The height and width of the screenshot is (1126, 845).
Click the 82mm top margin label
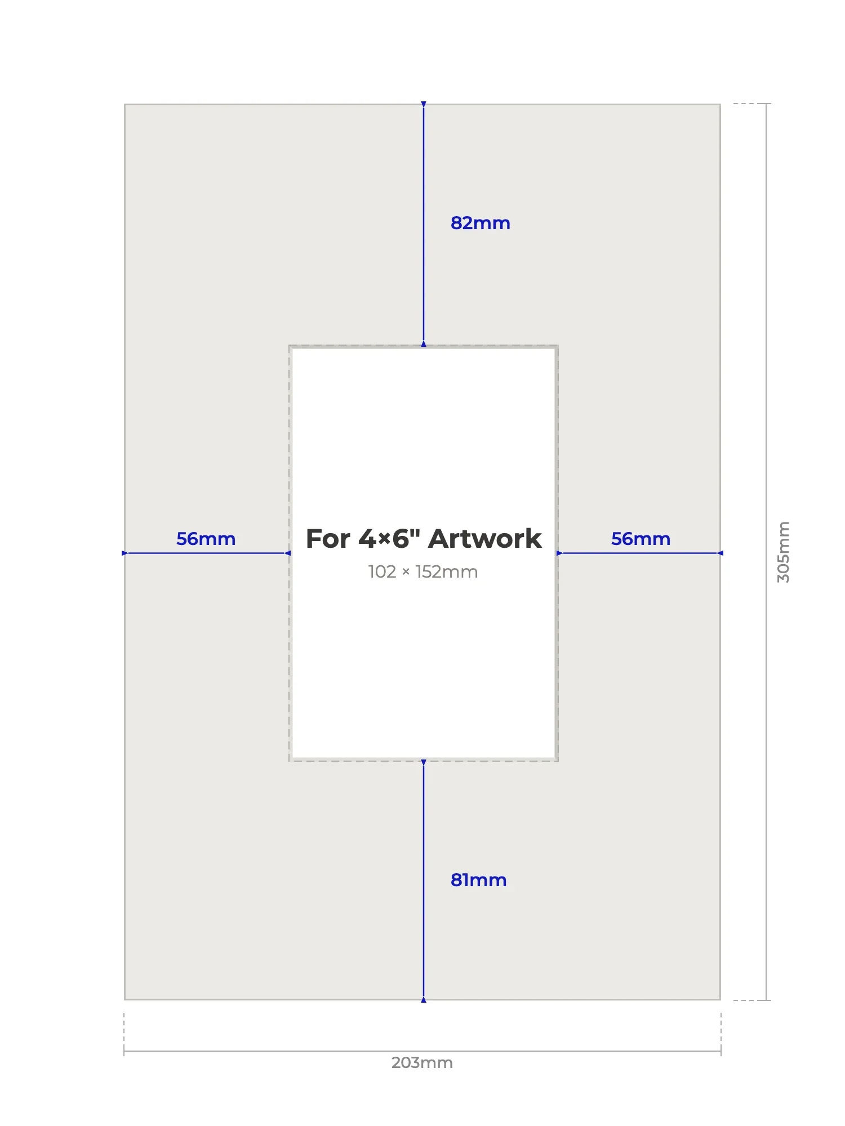[481, 223]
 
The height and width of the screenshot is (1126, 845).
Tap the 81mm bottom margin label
[479, 880]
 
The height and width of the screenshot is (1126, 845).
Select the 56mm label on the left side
[206, 539]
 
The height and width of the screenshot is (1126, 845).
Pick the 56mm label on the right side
[641, 539]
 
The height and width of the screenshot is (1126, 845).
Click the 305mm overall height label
[784, 552]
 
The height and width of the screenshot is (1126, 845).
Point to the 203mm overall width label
[422, 1062]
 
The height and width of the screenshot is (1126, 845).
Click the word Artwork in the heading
[484, 539]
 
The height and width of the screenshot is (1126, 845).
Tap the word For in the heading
[328, 539]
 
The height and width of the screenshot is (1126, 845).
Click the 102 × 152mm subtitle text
[423, 572]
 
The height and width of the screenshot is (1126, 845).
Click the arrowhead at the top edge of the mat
[424, 105]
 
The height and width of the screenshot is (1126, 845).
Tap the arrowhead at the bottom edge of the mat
[424, 999]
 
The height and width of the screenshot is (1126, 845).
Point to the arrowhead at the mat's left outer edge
[125, 553]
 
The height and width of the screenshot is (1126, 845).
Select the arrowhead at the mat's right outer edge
[720, 553]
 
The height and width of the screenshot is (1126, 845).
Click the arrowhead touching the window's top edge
[424, 343]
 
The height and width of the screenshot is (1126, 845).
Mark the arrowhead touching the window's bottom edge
[424, 763]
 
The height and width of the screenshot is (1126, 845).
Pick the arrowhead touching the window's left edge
[288, 553]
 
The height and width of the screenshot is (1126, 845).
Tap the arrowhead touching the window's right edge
[559, 553]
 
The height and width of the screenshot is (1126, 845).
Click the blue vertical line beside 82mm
[424, 224]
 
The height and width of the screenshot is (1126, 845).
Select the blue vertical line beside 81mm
[424, 881]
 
